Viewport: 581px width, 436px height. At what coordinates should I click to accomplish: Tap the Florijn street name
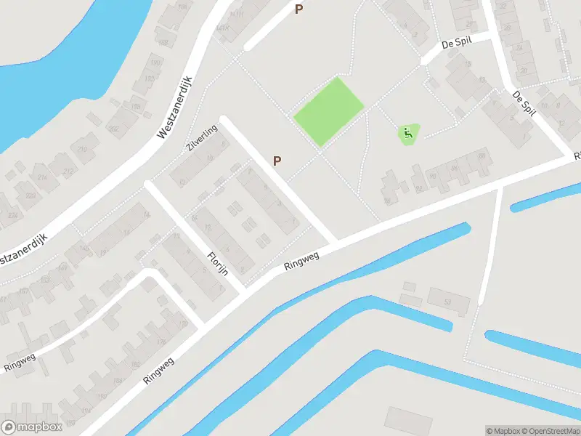[218, 264]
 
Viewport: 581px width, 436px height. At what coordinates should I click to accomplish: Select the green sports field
[328, 110]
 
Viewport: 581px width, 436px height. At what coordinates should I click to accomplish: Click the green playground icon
[408, 132]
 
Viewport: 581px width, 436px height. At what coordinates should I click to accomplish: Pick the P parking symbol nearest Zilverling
[277, 161]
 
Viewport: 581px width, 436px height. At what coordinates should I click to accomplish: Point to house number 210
[82, 150]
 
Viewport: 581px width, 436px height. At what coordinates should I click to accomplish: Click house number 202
[113, 129]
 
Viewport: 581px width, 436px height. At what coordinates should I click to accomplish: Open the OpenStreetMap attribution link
[553, 431]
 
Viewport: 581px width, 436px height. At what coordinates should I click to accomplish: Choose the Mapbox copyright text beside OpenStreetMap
[503, 431]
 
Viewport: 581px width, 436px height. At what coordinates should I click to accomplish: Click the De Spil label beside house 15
[456, 42]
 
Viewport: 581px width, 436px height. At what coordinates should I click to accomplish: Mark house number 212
[68, 171]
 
